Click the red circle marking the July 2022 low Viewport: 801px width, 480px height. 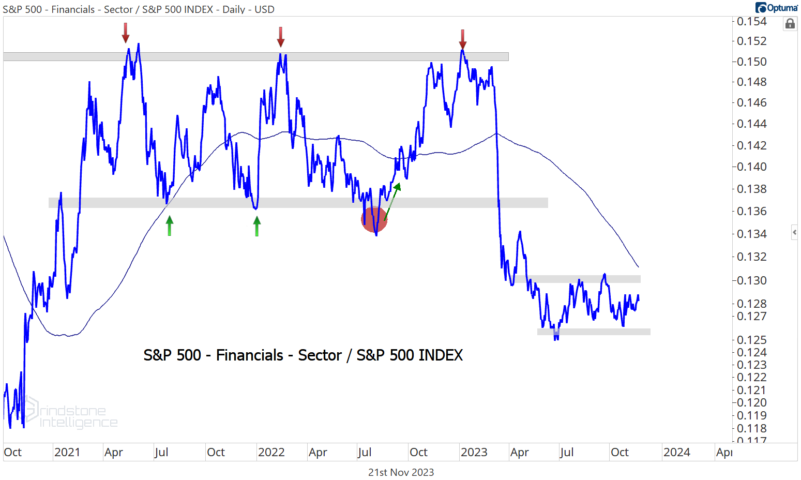click(x=374, y=219)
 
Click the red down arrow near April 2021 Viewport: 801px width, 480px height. click(x=126, y=34)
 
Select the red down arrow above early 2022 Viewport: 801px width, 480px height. click(x=280, y=37)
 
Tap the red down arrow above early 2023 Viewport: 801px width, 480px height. click(x=463, y=39)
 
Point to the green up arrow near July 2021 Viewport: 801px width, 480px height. click(x=169, y=226)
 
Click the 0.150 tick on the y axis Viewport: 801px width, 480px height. click(x=751, y=62)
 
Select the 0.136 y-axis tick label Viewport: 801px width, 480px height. click(x=751, y=211)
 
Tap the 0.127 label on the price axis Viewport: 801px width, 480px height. click(x=751, y=316)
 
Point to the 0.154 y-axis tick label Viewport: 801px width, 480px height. click(x=751, y=21)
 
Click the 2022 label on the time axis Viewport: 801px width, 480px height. click(x=271, y=453)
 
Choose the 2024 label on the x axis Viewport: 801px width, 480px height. click(x=677, y=453)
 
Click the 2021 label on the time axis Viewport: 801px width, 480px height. click(x=67, y=453)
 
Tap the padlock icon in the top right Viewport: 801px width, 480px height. click(x=790, y=24)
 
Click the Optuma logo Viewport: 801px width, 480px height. click(x=777, y=8)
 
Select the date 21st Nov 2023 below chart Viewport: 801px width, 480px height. click(x=401, y=472)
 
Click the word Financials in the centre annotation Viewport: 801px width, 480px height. click(x=250, y=355)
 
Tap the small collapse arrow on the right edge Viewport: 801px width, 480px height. click(x=795, y=232)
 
